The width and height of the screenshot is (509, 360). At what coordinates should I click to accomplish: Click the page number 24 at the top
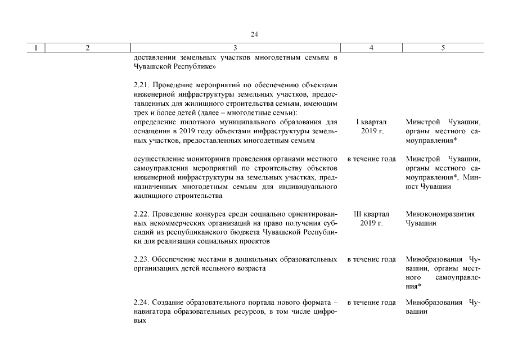[x=254, y=34]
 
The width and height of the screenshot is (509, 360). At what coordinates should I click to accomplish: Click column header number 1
[x=36, y=48]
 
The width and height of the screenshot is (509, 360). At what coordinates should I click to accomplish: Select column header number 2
[x=88, y=48]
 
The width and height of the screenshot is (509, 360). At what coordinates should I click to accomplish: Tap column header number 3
[x=235, y=48]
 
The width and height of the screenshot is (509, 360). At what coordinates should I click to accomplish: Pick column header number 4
[x=371, y=48]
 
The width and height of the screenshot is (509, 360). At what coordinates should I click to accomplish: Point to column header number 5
[x=443, y=48]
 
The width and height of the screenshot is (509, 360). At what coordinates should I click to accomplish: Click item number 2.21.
[x=142, y=85]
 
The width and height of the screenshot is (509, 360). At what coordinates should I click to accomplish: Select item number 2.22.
[x=142, y=214]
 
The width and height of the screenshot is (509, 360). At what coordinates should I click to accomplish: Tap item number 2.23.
[x=142, y=259]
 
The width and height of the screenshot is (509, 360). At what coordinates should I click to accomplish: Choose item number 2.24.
[x=142, y=303]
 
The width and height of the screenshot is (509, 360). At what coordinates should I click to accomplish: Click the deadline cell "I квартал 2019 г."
[x=371, y=126]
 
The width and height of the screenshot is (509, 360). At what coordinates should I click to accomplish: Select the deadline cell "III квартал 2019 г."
[x=371, y=219]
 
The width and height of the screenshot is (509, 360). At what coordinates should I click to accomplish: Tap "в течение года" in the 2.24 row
[x=371, y=303]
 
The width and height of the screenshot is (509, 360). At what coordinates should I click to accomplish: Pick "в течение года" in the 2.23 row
[x=371, y=259]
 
